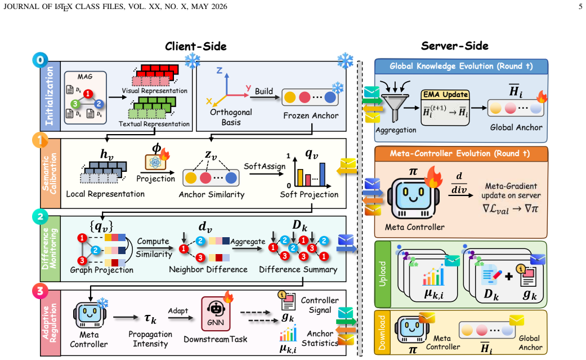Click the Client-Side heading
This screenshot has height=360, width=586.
point(195,46)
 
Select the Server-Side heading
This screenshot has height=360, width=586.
point(454,46)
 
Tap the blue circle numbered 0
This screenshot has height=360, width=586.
point(40,60)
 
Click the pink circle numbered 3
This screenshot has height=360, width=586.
point(40,291)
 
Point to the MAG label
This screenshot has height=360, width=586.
point(85,77)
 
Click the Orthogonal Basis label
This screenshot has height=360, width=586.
point(231,117)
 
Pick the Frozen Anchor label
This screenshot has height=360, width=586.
point(311,115)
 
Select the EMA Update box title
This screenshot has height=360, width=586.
point(445,95)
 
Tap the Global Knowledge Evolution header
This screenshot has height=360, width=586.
point(461,66)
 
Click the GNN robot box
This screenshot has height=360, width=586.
point(216,314)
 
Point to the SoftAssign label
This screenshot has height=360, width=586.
point(265,166)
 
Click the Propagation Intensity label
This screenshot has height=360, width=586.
point(150,339)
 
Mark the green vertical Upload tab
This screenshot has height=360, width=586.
point(382,274)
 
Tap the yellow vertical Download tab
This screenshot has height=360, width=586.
point(382,332)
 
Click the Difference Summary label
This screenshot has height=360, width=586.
point(298,269)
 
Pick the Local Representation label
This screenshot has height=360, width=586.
point(105,194)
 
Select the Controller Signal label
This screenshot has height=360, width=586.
point(320,305)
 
